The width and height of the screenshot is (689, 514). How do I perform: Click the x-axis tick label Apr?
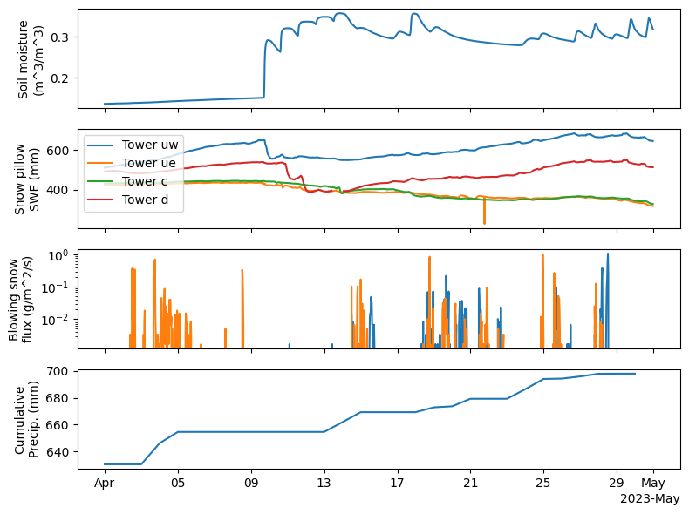(105, 484)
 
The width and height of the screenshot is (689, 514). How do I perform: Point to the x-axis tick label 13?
(324, 484)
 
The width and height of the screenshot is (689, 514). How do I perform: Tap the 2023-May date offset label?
(649, 499)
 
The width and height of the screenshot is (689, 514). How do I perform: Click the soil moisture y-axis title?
(31, 58)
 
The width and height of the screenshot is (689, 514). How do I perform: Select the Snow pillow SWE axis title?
(31, 178)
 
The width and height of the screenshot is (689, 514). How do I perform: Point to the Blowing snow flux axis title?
(31, 299)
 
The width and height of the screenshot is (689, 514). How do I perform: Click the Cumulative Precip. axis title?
(31, 419)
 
